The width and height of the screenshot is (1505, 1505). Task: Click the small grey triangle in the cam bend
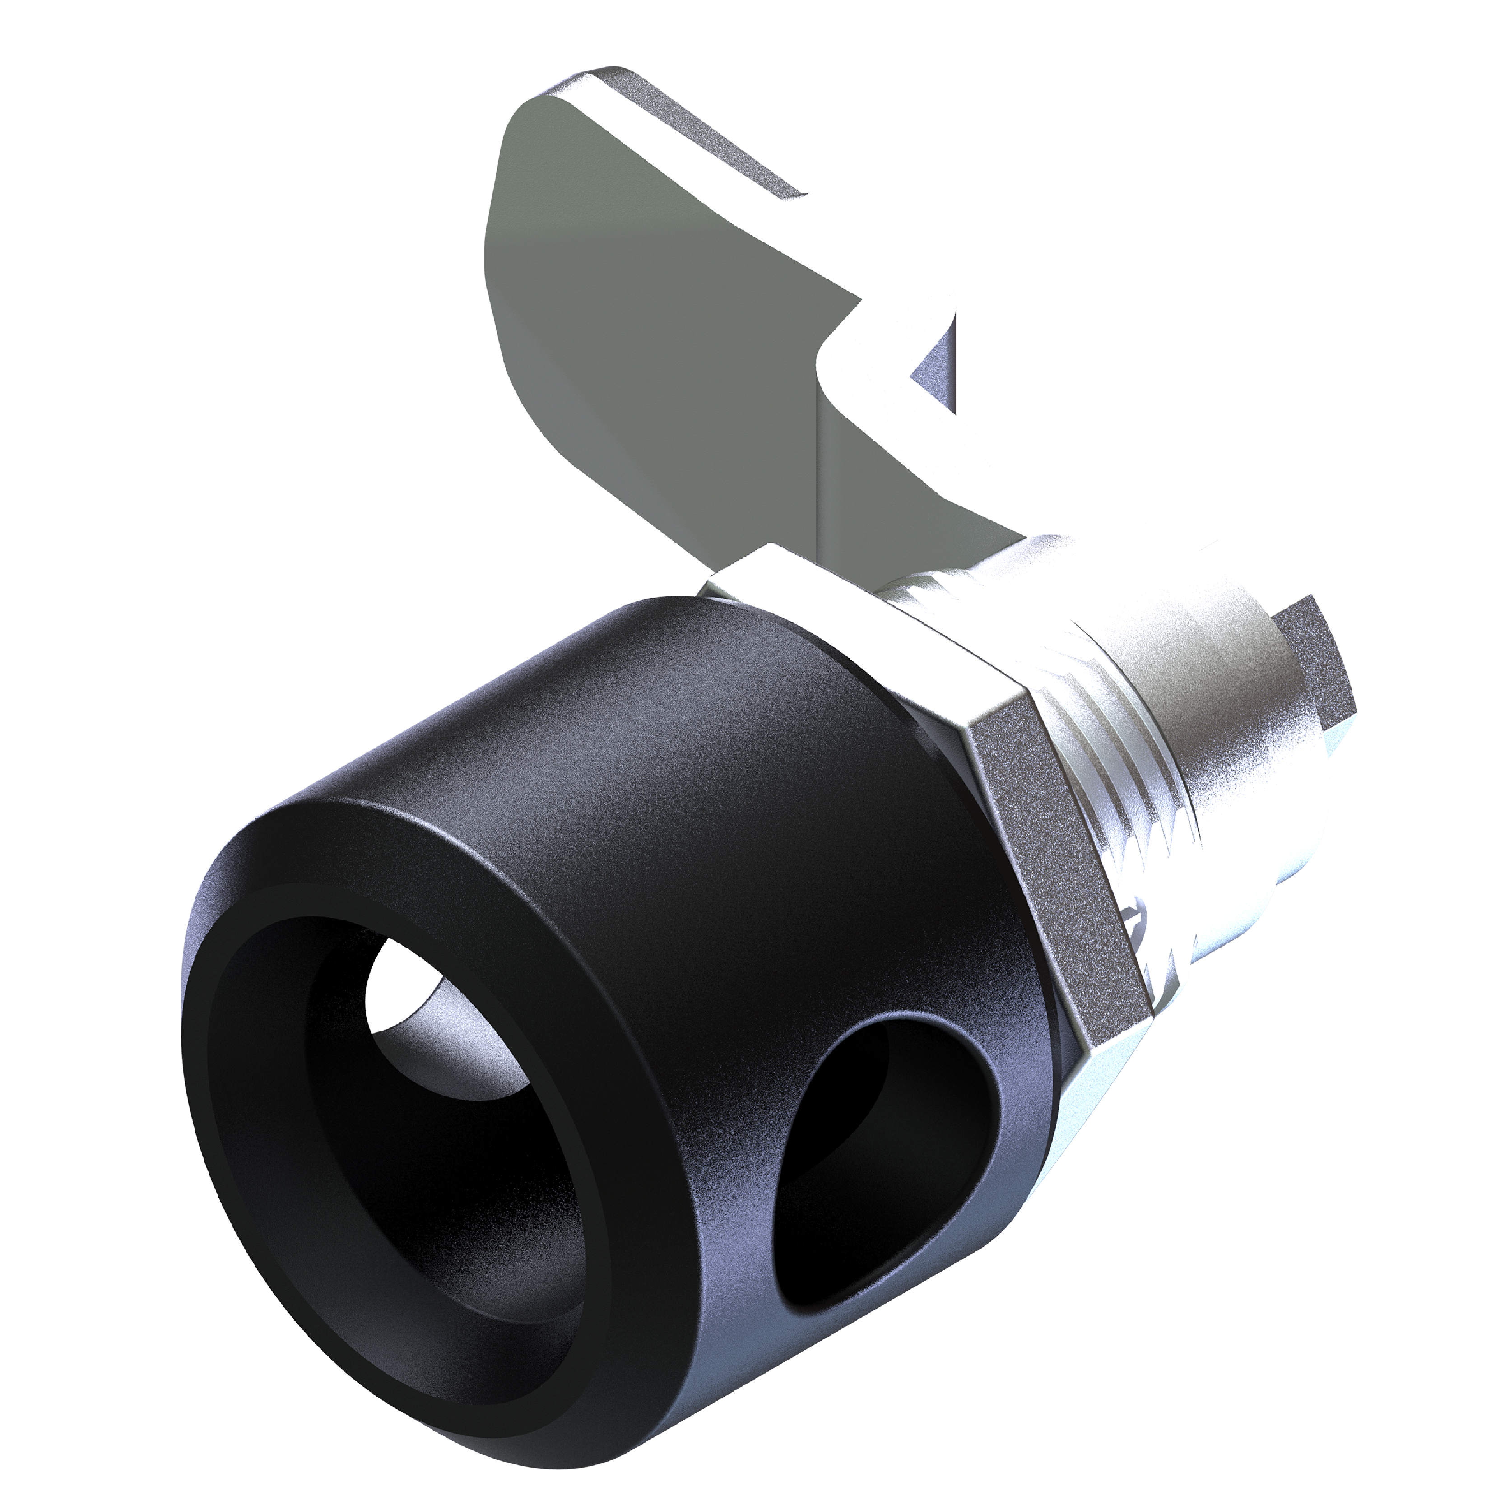[935, 374]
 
